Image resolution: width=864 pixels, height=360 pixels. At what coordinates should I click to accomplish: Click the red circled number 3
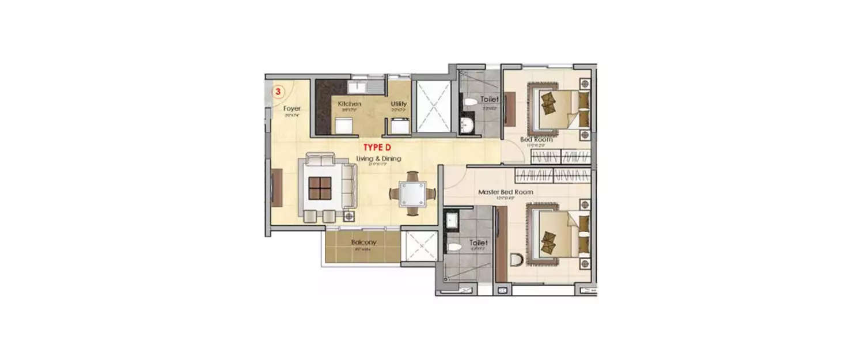tap(278, 91)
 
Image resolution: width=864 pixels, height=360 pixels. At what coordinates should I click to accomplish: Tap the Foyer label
tap(291, 108)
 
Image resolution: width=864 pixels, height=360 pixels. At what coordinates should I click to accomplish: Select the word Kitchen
tap(350, 104)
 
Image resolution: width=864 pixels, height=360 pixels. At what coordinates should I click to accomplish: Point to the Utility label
tap(399, 104)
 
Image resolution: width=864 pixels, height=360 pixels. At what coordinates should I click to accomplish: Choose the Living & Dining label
tap(378, 158)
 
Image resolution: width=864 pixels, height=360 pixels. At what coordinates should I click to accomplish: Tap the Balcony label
tap(363, 242)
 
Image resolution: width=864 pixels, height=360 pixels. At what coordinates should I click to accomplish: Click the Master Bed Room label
tap(506, 192)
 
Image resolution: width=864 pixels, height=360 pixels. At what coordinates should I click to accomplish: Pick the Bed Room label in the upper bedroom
tap(536, 139)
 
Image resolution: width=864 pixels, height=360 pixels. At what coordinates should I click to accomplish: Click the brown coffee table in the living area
tap(320, 188)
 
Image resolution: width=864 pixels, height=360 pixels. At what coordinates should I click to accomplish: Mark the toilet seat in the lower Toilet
tap(454, 247)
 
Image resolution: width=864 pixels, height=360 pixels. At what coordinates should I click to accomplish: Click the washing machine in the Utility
tap(399, 125)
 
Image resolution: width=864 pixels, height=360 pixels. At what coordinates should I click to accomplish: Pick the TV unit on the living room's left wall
tap(277, 187)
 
